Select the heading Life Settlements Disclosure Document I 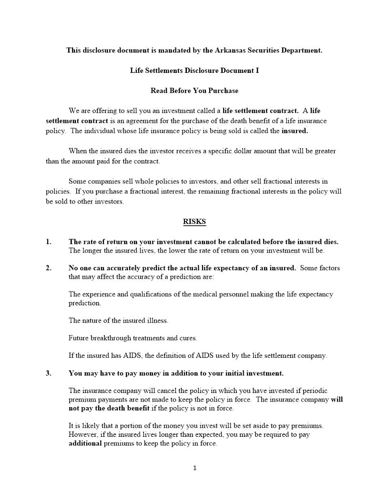[194, 70]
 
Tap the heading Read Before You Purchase [194, 91]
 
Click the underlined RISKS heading [194, 221]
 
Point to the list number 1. [49, 241]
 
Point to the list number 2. [49, 268]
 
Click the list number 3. [49, 373]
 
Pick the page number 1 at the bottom [194, 468]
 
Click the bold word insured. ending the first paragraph [295, 131]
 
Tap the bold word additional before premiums [85, 443]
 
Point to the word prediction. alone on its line [84, 303]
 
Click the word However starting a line [83, 434]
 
